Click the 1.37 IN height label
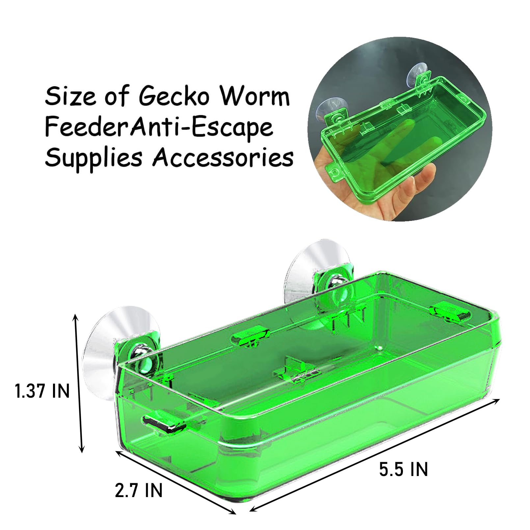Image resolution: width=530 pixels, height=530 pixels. click(42, 391)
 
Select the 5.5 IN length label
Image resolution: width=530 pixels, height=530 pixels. click(403, 469)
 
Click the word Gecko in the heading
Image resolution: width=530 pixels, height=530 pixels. click(174, 97)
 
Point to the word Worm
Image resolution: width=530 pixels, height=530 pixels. click(255, 96)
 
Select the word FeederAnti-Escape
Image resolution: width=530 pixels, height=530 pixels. click(159, 127)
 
